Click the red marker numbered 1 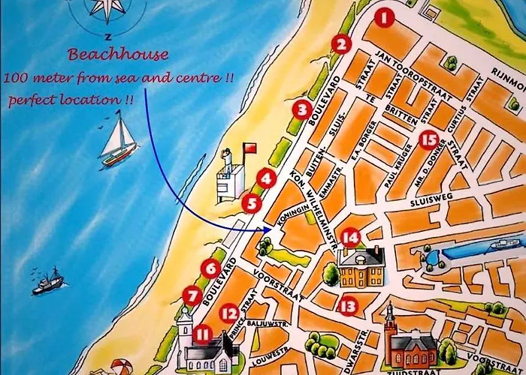click(x=385, y=17)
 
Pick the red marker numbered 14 click(x=350, y=238)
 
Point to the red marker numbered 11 click(x=201, y=334)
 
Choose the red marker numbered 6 click(x=210, y=267)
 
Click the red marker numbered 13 click(x=346, y=305)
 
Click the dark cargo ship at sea click(x=48, y=283)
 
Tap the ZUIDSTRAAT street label click(x=410, y=370)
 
